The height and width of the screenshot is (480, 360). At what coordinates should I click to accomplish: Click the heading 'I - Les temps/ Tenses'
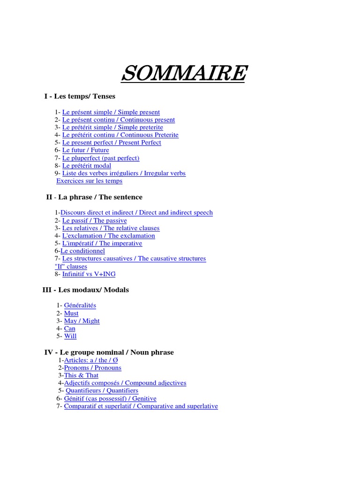click(80, 97)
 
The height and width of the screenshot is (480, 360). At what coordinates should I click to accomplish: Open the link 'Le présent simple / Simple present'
click(111, 112)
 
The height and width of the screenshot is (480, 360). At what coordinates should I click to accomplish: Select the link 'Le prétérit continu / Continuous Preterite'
click(120, 135)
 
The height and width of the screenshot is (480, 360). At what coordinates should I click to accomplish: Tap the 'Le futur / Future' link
click(85, 150)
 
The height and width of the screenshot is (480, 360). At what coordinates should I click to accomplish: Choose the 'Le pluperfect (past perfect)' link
click(101, 158)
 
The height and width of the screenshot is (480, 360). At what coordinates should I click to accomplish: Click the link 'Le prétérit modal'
click(87, 165)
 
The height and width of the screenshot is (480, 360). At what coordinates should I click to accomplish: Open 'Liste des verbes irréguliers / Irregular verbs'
click(124, 173)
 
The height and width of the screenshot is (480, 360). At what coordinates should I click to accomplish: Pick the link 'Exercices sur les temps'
click(89, 181)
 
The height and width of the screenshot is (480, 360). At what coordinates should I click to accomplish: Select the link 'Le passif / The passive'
click(94, 220)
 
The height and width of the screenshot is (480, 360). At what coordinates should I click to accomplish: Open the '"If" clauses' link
click(71, 267)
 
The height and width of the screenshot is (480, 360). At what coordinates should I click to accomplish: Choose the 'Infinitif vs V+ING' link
click(89, 274)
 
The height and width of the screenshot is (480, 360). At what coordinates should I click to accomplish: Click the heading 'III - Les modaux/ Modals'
click(85, 290)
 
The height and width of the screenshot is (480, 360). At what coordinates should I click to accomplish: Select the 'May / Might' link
click(82, 321)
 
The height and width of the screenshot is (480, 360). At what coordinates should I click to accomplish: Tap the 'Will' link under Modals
click(70, 336)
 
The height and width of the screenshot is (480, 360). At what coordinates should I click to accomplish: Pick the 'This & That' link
click(81, 375)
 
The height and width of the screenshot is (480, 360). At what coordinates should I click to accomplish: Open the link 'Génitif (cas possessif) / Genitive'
click(110, 398)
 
